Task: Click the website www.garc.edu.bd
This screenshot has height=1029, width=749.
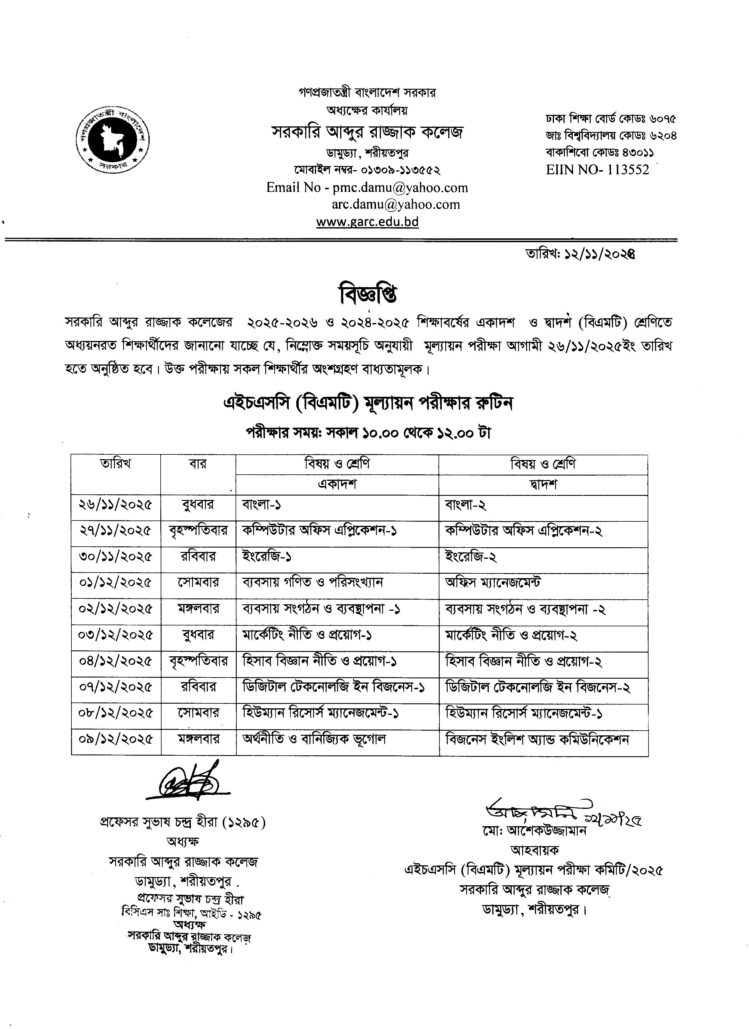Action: click(x=367, y=222)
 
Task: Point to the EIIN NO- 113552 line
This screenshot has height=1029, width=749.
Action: click(x=597, y=170)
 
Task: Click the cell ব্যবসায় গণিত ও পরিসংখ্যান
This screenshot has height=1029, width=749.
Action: click(x=313, y=583)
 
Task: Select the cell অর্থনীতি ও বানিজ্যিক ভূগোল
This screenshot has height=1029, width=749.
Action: click(x=314, y=739)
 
